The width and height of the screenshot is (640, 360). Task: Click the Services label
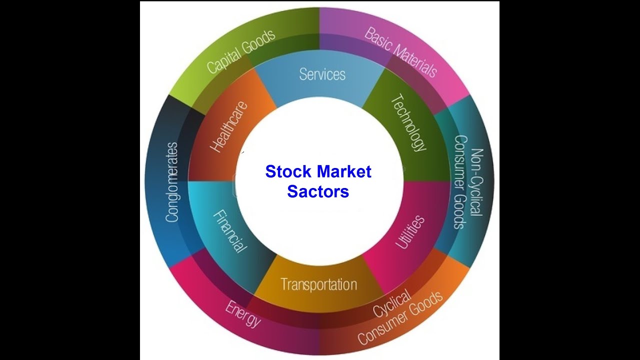coord(322,74)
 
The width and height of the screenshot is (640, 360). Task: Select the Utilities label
coord(410,232)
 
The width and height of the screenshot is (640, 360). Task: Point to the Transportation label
coord(318,284)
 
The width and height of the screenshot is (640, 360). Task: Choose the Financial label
coord(230,230)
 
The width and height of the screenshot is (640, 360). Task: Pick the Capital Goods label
coord(241,51)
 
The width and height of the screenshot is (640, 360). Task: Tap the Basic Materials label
coord(400,52)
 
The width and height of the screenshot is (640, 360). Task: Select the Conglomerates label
coord(172,182)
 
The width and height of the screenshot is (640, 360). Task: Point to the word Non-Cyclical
coord(477,182)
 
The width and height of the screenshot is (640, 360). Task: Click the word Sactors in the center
coord(318,191)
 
